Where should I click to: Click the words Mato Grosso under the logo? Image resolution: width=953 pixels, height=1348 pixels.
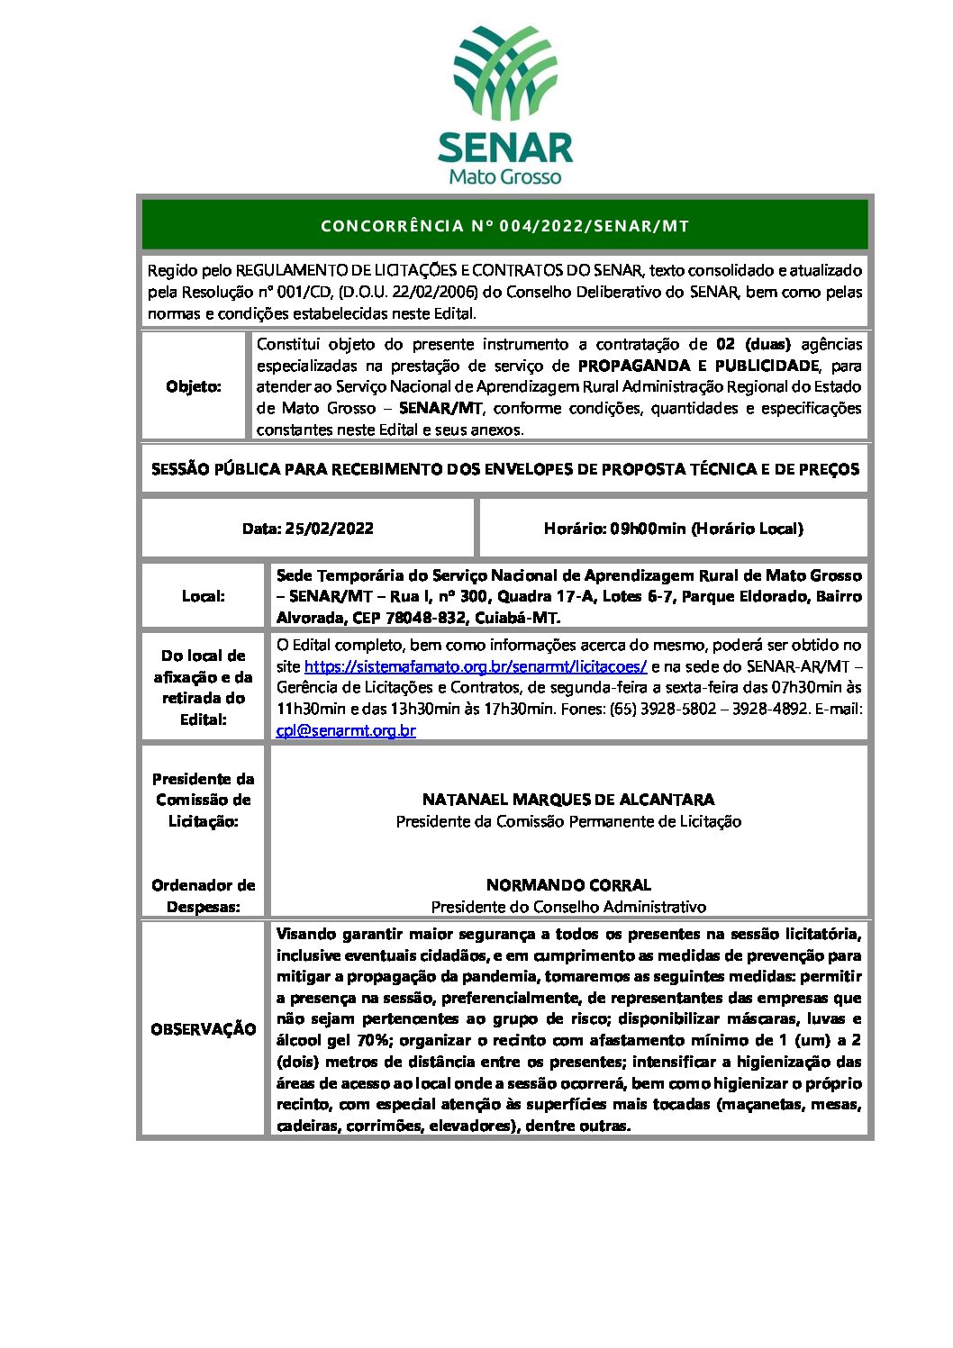(x=504, y=176)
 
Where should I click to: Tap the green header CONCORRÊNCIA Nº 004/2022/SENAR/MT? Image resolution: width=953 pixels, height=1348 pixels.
(x=504, y=226)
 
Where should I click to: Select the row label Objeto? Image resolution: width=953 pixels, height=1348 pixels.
(x=194, y=386)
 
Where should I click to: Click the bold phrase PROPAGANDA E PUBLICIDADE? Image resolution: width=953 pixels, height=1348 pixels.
(x=698, y=366)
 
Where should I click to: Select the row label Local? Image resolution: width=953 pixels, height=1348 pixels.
(x=204, y=596)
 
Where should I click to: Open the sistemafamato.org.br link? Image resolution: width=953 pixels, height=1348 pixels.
(x=476, y=666)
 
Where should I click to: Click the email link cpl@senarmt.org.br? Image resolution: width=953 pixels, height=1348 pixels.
(x=346, y=730)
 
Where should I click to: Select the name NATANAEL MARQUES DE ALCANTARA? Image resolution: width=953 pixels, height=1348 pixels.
(x=568, y=800)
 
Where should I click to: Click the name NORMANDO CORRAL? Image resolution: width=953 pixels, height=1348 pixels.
(x=568, y=885)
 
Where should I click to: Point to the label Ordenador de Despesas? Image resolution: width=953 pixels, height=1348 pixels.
(x=204, y=896)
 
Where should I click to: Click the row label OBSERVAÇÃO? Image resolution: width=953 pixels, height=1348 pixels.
(x=204, y=1029)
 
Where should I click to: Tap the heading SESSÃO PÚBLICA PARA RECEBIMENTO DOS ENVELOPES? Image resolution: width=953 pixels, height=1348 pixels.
(x=504, y=469)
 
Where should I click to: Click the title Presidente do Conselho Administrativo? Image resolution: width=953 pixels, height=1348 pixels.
(x=568, y=907)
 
